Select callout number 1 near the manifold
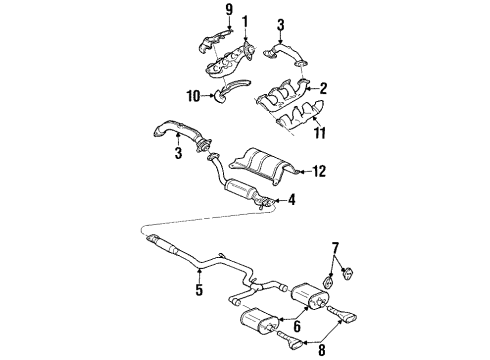(244, 19)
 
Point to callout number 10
(193, 95)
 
